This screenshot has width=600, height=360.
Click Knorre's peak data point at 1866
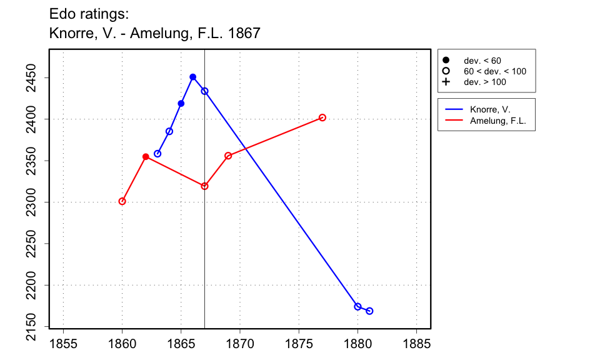[192, 77]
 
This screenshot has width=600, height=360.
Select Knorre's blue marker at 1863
[157, 154]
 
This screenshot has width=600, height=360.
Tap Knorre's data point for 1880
[357, 306]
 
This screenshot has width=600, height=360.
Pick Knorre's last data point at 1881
[369, 311]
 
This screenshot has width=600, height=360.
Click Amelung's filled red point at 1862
[146, 157]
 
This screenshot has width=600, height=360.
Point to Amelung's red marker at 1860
[122, 201]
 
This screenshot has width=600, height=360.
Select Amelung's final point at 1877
[322, 117]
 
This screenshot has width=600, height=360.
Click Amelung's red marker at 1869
[228, 156]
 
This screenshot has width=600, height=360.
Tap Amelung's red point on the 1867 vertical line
[204, 186]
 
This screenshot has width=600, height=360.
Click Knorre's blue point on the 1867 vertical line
[204, 91]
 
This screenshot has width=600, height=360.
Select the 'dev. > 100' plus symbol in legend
[446, 82]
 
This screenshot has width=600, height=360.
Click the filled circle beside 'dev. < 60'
[446, 61]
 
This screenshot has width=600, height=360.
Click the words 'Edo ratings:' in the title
[88, 14]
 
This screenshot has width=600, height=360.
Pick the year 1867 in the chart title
[244, 32]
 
